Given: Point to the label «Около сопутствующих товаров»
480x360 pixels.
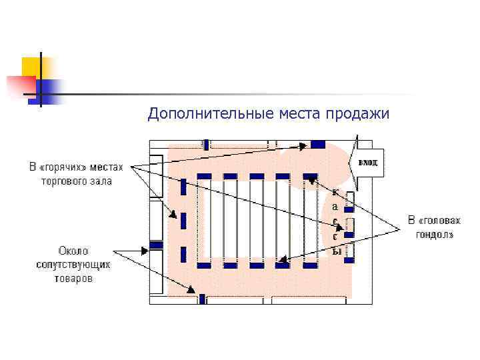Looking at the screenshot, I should tap(73, 265).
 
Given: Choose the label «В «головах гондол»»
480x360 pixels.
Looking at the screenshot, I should tap(435, 227).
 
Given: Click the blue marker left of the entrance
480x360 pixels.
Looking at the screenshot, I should tap(318, 144).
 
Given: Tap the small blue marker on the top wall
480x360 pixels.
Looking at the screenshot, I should tap(207, 144).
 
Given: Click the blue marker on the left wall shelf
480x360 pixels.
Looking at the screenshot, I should tap(155, 245).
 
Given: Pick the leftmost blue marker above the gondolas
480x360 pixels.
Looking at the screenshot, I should tap(204, 176).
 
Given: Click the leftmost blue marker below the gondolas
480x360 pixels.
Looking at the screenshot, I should tap(204, 265).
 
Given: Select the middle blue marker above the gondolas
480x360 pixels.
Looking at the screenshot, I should tap(257, 176).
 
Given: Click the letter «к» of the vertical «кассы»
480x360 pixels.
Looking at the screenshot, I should tap(335, 192).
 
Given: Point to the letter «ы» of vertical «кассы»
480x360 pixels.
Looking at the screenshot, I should tap(337, 251).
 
